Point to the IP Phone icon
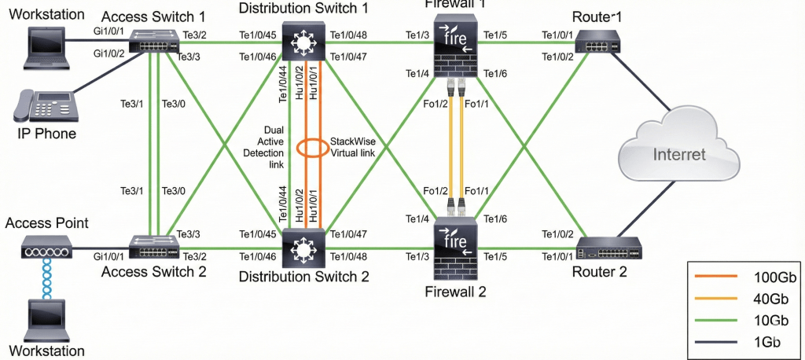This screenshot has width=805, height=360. coord(46,106)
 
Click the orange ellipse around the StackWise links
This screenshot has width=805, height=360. coord(310,149)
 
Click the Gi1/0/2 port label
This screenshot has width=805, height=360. coord(109,54)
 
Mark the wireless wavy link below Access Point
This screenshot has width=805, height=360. coord(46,280)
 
